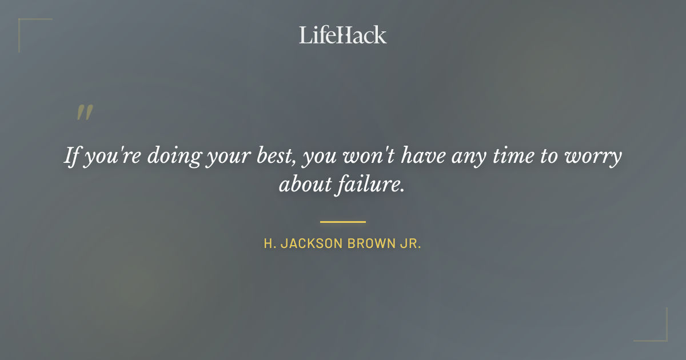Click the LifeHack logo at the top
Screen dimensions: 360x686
click(342, 35)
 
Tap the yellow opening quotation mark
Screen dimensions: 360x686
click(84, 113)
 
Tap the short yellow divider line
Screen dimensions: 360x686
click(342, 222)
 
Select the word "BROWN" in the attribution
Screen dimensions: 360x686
click(369, 243)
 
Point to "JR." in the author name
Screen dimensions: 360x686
click(410, 243)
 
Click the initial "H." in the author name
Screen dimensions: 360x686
click(269, 243)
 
